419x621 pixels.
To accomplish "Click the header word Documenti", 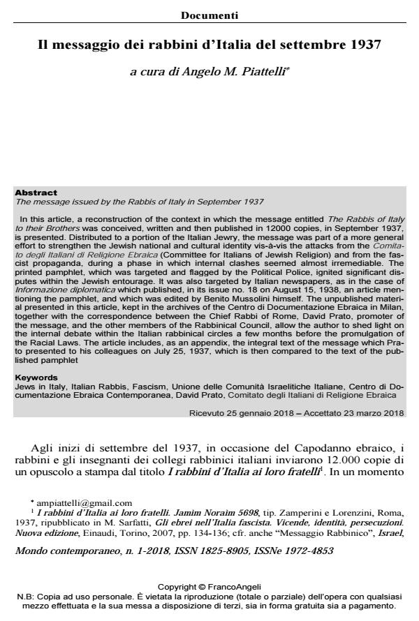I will tap(209, 15).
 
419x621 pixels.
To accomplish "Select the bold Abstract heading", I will tap(36, 193).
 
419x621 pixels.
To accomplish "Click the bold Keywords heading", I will tap(37, 377).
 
